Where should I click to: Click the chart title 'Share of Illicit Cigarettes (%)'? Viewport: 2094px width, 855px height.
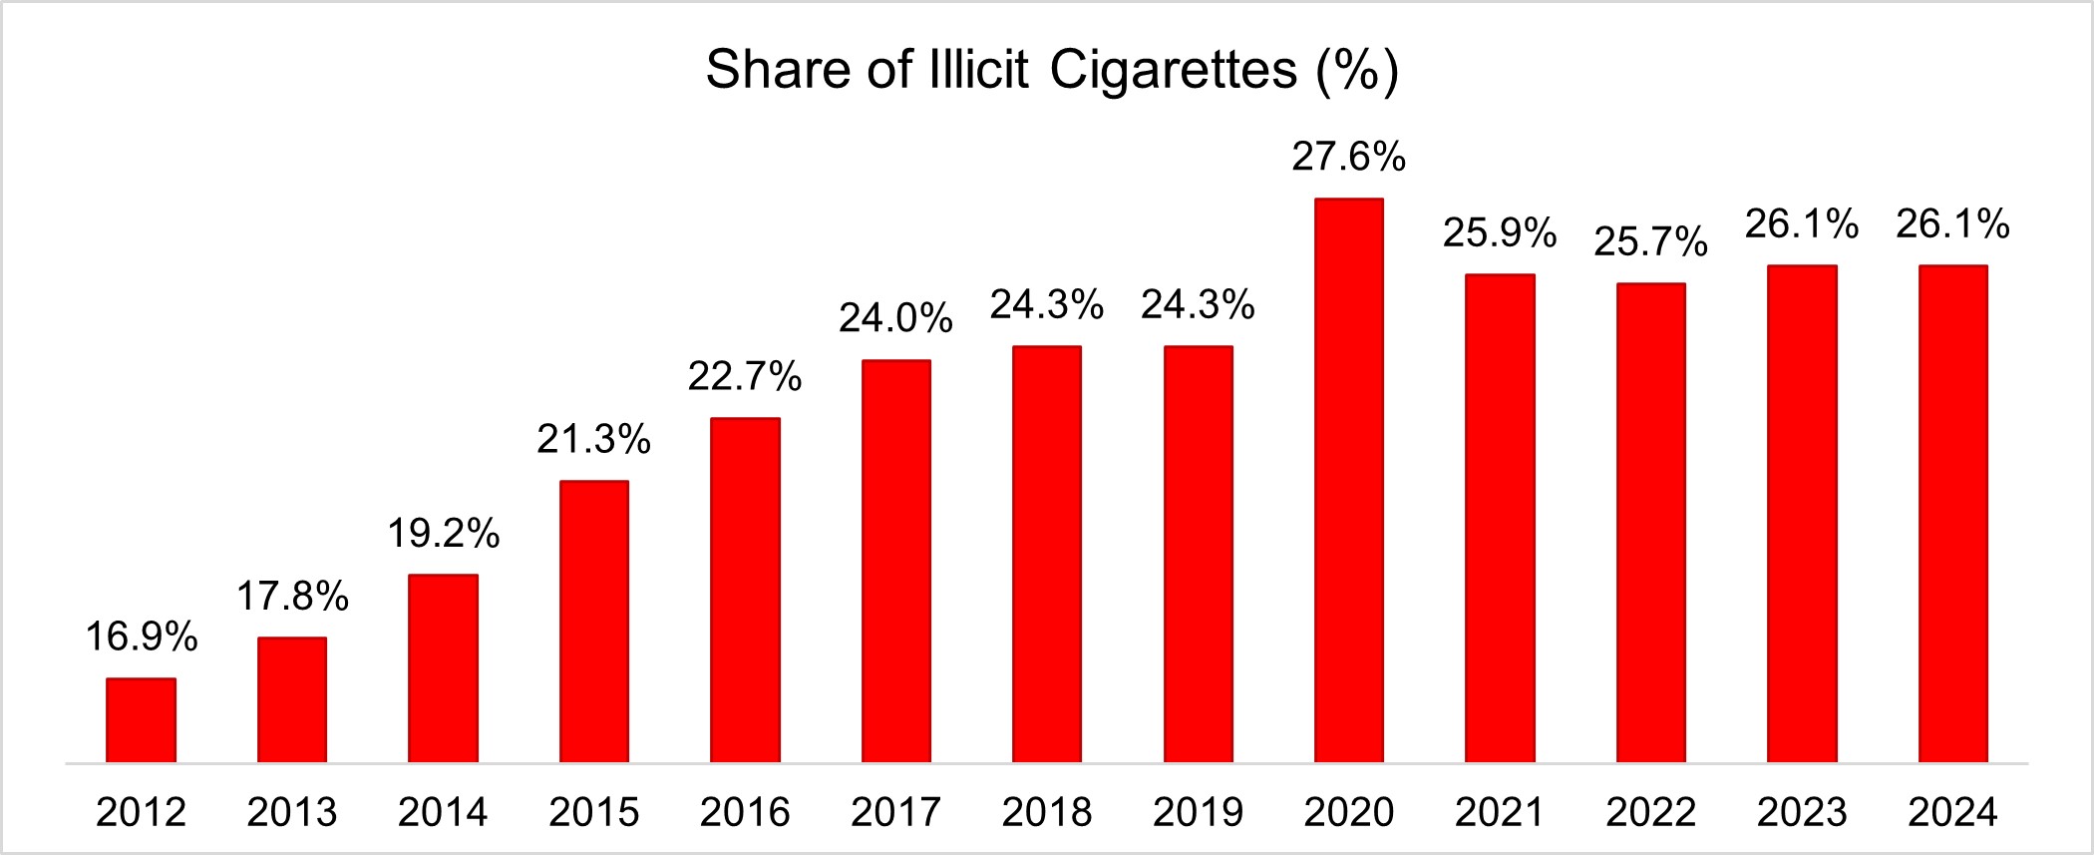[x=1052, y=70]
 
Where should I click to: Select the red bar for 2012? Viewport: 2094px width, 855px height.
[x=141, y=720]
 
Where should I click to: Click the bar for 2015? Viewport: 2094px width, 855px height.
[x=594, y=622]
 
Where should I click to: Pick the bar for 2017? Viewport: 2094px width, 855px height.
[x=895, y=562]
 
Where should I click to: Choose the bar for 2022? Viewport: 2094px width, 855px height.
[x=1650, y=523]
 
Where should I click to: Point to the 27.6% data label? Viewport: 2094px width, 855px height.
[x=1348, y=157]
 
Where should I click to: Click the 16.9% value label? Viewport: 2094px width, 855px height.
[x=141, y=637]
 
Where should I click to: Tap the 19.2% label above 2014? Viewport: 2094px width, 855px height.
[x=443, y=534]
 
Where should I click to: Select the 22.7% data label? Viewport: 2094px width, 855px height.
[x=745, y=376]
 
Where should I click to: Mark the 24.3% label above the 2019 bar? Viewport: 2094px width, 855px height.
[x=1198, y=304]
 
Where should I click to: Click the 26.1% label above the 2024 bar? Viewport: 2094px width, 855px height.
[x=1952, y=224]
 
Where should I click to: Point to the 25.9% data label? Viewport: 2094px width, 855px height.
[x=1500, y=232]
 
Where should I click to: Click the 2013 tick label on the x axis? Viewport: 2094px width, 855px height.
[x=292, y=812]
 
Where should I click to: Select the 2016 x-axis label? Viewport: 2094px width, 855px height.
[x=745, y=812]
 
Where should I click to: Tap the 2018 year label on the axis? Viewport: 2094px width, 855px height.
[x=1047, y=812]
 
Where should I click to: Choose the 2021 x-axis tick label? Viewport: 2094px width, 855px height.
[x=1500, y=812]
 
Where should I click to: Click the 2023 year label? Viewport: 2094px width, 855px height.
[x=1802, y=812]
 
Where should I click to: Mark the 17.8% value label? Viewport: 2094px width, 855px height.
[x=292, y=597]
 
